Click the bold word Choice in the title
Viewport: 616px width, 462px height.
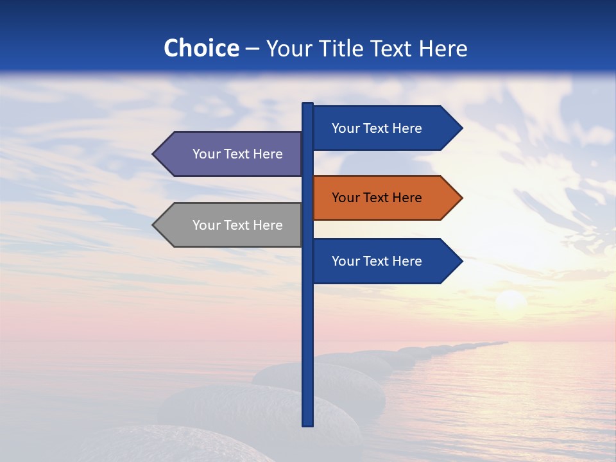tap(201, 48)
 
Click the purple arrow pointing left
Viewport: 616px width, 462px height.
tap(231, 154)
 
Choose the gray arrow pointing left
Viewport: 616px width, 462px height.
tap(231, 225)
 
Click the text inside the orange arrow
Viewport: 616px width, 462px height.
tap(377, 198)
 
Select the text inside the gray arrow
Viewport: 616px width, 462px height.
tap(237, 225)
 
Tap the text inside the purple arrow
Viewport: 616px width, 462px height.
tap(237, 154)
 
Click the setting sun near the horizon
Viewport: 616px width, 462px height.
tap(511, 302)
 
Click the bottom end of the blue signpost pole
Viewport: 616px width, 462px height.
tap(307, 423)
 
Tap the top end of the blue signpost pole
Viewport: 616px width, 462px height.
tap(307, 105)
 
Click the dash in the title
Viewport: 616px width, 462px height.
tap(252, 49)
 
